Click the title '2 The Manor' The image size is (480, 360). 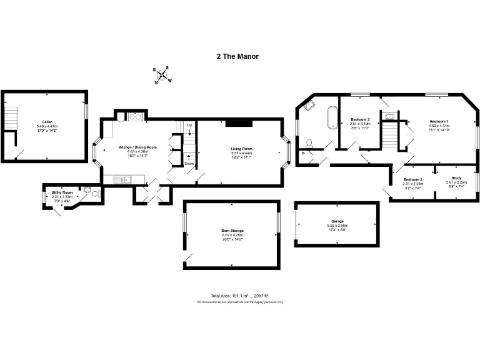tap(237, 56)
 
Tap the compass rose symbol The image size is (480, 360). tap(162, 76)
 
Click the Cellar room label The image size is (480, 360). tap(47, 122)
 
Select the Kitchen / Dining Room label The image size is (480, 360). tap(137, 147)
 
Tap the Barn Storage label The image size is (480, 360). tap(232, 231)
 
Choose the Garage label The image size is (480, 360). tap(337, 222)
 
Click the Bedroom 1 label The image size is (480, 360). tap(439, 122)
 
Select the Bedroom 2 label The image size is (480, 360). tap(360, 119)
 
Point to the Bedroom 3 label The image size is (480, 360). tap(412, 179)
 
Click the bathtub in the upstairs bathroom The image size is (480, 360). tap(331, 119)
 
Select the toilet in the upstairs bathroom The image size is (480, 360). tap(310, 142)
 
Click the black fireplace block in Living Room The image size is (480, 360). tap(237, 124)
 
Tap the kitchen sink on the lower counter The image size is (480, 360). tap(126, 180)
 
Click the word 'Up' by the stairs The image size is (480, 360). tap(189, 126)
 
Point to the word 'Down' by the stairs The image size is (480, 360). tap(189, 164)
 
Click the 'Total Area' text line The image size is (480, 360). tap(240, 296)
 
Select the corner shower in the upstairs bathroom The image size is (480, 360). tap(308, 106)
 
